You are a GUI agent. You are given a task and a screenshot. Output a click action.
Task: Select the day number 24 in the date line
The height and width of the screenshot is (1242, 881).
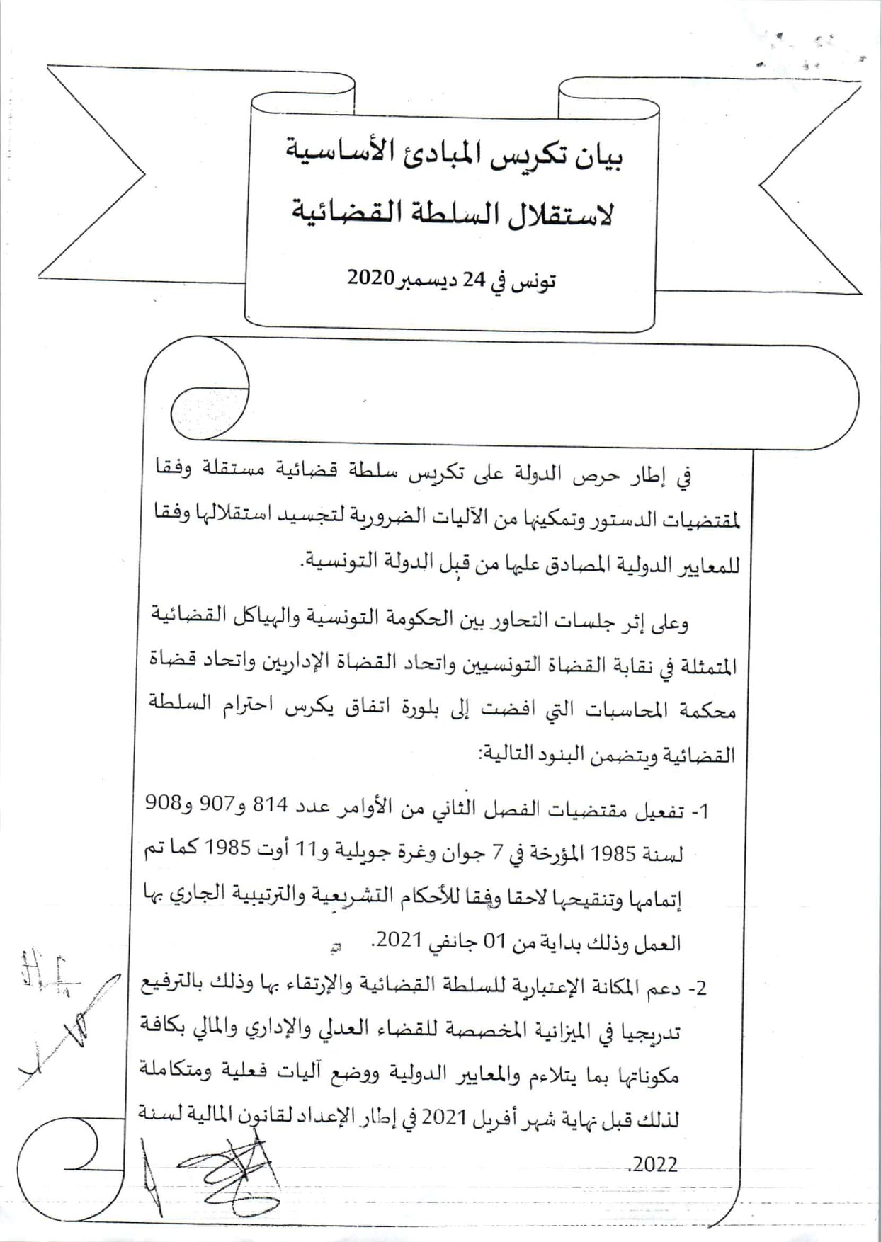coord(474,280)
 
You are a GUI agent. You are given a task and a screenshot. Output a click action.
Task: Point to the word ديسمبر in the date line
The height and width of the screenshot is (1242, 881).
coord(425,280)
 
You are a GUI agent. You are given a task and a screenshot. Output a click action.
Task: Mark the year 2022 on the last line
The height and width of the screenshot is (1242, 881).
coord(654,1164)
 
